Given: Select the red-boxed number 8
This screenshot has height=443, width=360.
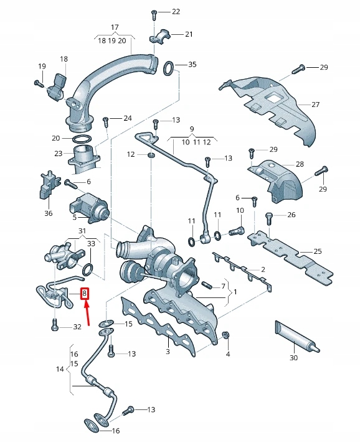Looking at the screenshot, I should point(85,294).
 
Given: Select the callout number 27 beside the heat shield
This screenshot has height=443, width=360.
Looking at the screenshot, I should point(315,104).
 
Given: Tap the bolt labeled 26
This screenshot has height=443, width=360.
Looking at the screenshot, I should point(268,217).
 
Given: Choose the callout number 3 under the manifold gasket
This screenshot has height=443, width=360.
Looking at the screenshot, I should point(167,352).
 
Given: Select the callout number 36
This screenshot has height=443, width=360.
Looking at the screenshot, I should point(49,213).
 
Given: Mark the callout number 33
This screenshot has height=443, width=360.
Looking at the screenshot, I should point(91,243).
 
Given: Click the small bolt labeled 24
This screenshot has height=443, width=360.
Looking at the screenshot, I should point(107,118).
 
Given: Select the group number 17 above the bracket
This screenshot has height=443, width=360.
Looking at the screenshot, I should point(115,27).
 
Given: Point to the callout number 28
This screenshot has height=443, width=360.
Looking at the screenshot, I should point(300,164).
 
